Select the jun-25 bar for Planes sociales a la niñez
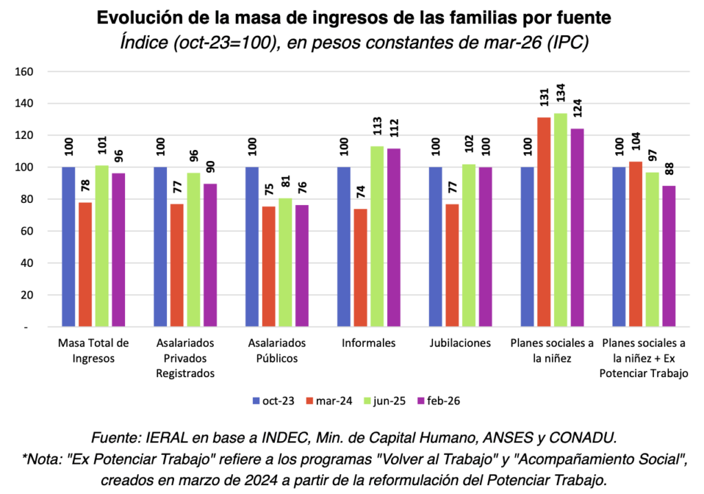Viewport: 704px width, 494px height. (x=561, y=219)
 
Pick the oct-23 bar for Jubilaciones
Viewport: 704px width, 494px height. (x=436, y=246)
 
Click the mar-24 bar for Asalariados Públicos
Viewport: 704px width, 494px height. (x=269, y=266)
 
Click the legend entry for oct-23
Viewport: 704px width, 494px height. (x=275, y=400)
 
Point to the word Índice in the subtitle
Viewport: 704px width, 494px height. (x=144, y=43)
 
